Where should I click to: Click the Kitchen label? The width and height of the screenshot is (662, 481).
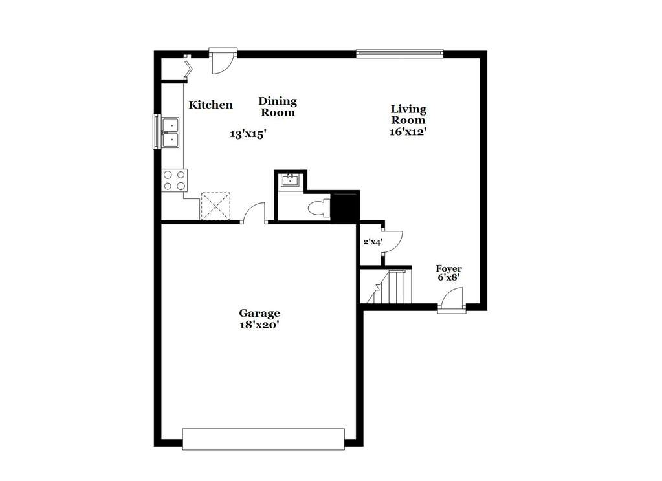(210, 105)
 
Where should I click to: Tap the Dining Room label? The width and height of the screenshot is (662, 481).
(278, 107)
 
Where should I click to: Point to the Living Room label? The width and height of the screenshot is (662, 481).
(408, 114)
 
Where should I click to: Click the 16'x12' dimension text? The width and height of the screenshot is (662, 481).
(408, 131)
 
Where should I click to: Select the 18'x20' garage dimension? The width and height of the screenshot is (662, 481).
(259, 325)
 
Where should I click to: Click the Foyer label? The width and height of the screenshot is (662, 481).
(448, 268)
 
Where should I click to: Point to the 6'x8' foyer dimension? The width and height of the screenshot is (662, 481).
(448, 279)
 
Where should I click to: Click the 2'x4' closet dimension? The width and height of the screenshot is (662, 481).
(372, 242)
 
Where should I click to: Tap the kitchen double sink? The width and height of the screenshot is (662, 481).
(171, 131)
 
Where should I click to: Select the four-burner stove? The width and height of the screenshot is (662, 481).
(174, 180)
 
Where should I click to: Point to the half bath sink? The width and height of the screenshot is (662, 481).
(290, 180)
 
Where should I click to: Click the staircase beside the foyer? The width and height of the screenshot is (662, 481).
(389, 287)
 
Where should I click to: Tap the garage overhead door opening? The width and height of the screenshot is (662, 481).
(263, 438)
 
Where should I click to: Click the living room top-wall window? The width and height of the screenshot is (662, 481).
(399, 53)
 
